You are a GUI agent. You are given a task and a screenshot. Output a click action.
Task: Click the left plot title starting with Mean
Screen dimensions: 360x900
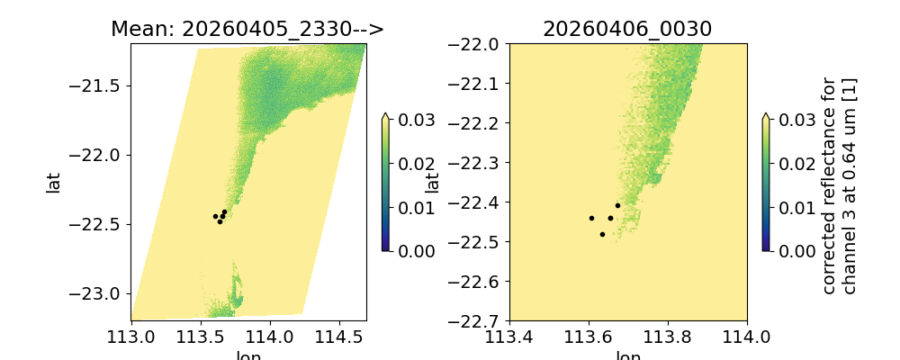[x=247, y=29]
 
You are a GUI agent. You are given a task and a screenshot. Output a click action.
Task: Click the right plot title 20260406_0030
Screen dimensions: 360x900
[x=627, y=29]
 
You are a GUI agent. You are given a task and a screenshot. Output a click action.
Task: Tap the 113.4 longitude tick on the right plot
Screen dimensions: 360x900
[x=509, y=337]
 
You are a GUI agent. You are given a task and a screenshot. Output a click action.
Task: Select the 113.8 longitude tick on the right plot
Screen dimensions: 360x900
[x=668, y=337]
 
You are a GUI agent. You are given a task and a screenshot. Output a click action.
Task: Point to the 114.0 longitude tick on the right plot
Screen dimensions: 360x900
[x=747, y=337]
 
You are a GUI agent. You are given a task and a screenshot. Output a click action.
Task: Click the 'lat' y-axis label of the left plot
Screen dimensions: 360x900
[x=53, y=182]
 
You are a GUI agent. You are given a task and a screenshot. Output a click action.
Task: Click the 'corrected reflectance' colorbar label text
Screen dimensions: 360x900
[x=838, y=184]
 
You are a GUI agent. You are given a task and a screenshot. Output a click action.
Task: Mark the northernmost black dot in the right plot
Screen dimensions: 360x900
[x=617, y=205]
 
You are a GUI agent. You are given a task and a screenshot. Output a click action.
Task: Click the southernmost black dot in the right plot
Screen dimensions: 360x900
[x=602, y=234]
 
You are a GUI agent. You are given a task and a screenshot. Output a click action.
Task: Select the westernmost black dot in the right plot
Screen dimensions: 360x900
[x=591, y=218]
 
